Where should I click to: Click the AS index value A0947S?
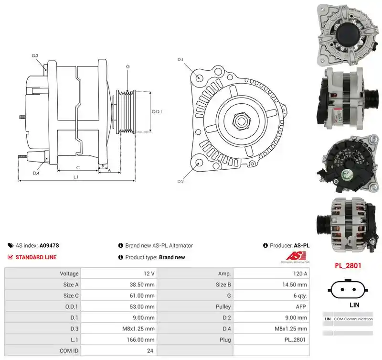pyautogui.click(x=49, y=245)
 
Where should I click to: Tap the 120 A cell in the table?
pyautogui.click(x=300, y=273)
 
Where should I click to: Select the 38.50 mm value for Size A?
pyautogui.click(x=142, y=284)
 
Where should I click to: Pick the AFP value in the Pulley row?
pyautogui.click(x=301, y=306)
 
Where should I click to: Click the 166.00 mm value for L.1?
pyautogui.click(x=140, y=339)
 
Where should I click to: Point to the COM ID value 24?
pyautogui.click(x=150, y=351)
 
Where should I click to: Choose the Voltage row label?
pyautogui.click(x=69, y=273)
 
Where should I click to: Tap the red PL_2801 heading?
pyautogui.click(x=348, y=265)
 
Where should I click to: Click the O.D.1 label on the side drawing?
pyautogui.click(x=157, y=112)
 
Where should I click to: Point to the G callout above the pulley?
pyautogui.click(x=128, y=66)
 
